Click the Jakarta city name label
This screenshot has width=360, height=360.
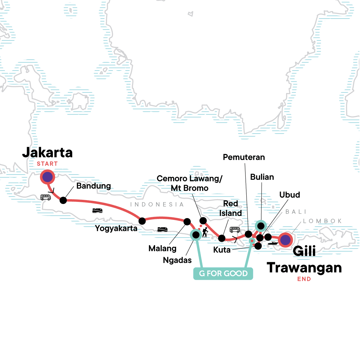pyautogui.click(x=47, y=153)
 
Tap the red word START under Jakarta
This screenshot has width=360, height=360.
pyautogui.click(x=47, y=164)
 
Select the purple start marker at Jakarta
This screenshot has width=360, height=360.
pyautogui.click(x=47, y=177)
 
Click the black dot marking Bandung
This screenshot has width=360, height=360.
pyautogui.click(x=63, y=200)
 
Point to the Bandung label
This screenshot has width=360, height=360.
pyautogui.click(x=94, y=186)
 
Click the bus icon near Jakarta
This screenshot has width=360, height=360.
pyautogui.click(x=46, y=197)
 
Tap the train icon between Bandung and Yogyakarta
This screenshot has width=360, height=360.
pyautogui.click(x=97, y=210)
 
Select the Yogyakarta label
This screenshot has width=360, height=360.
pyautogui.click(x=116, y=228)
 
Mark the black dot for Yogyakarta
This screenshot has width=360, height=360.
pyautogui.click(x=142, y=221)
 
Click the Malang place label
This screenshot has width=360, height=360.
pyautogui.click(x=162, y=248)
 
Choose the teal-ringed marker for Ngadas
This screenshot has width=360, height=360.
pyautogui.click(x=196, y=235)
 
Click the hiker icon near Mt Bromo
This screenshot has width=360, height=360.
pyautogui.click(x=205, y=232)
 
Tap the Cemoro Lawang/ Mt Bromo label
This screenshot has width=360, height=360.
pyautogui.click(x=190, y=183)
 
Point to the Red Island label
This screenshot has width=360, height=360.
pyautogui.click(x=230, y=208)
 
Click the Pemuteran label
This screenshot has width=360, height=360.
pyautogui.click(x=244, y=157)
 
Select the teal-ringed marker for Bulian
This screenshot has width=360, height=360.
pyautogui.click(x=261, y=225)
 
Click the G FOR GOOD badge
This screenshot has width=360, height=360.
pyautogui.click(x=223, y=274)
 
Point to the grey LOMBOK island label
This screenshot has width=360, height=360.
pyautogui.click(x=322, y=221)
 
